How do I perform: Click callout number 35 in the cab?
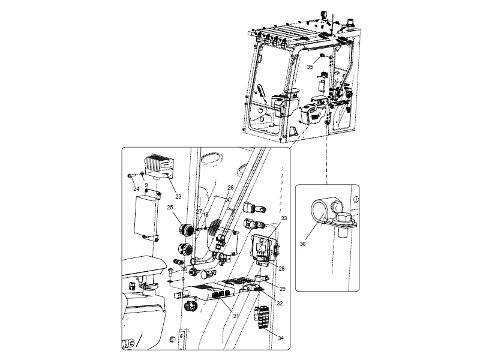pos(310,67)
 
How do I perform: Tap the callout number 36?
pos(302,244)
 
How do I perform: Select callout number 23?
pos(178,196)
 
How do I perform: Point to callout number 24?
pos(136,188)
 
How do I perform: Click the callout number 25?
pos(170,208)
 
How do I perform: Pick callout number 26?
pos(230,188)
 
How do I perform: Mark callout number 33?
pos(284,218)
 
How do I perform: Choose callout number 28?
pos(281,268)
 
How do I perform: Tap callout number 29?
pos(283,289)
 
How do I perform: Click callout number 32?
pos(280,304)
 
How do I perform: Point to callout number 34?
pos(280,338)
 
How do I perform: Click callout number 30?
pos(184,269)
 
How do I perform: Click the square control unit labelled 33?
pos(262,247)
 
